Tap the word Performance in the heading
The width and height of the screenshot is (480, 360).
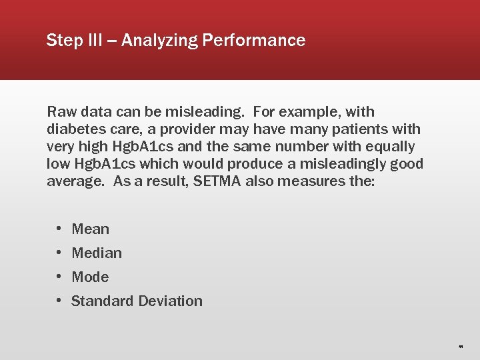point(254,41)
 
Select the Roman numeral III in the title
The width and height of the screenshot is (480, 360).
point(94,41)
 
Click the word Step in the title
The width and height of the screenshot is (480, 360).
point(63,41)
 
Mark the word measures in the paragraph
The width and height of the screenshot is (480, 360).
point(316,181)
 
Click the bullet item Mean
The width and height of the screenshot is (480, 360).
point(90,229)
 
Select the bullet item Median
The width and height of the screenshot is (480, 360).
point(97,253)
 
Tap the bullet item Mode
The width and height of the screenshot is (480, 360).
point(90,277)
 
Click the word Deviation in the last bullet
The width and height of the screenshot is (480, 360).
point(170,301)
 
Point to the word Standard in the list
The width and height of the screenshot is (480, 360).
point(102,301)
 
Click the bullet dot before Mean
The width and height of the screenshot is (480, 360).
point(59,229)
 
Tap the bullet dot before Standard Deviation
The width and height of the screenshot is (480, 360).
point(59,301)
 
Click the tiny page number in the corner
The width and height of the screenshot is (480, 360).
point(461,347)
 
